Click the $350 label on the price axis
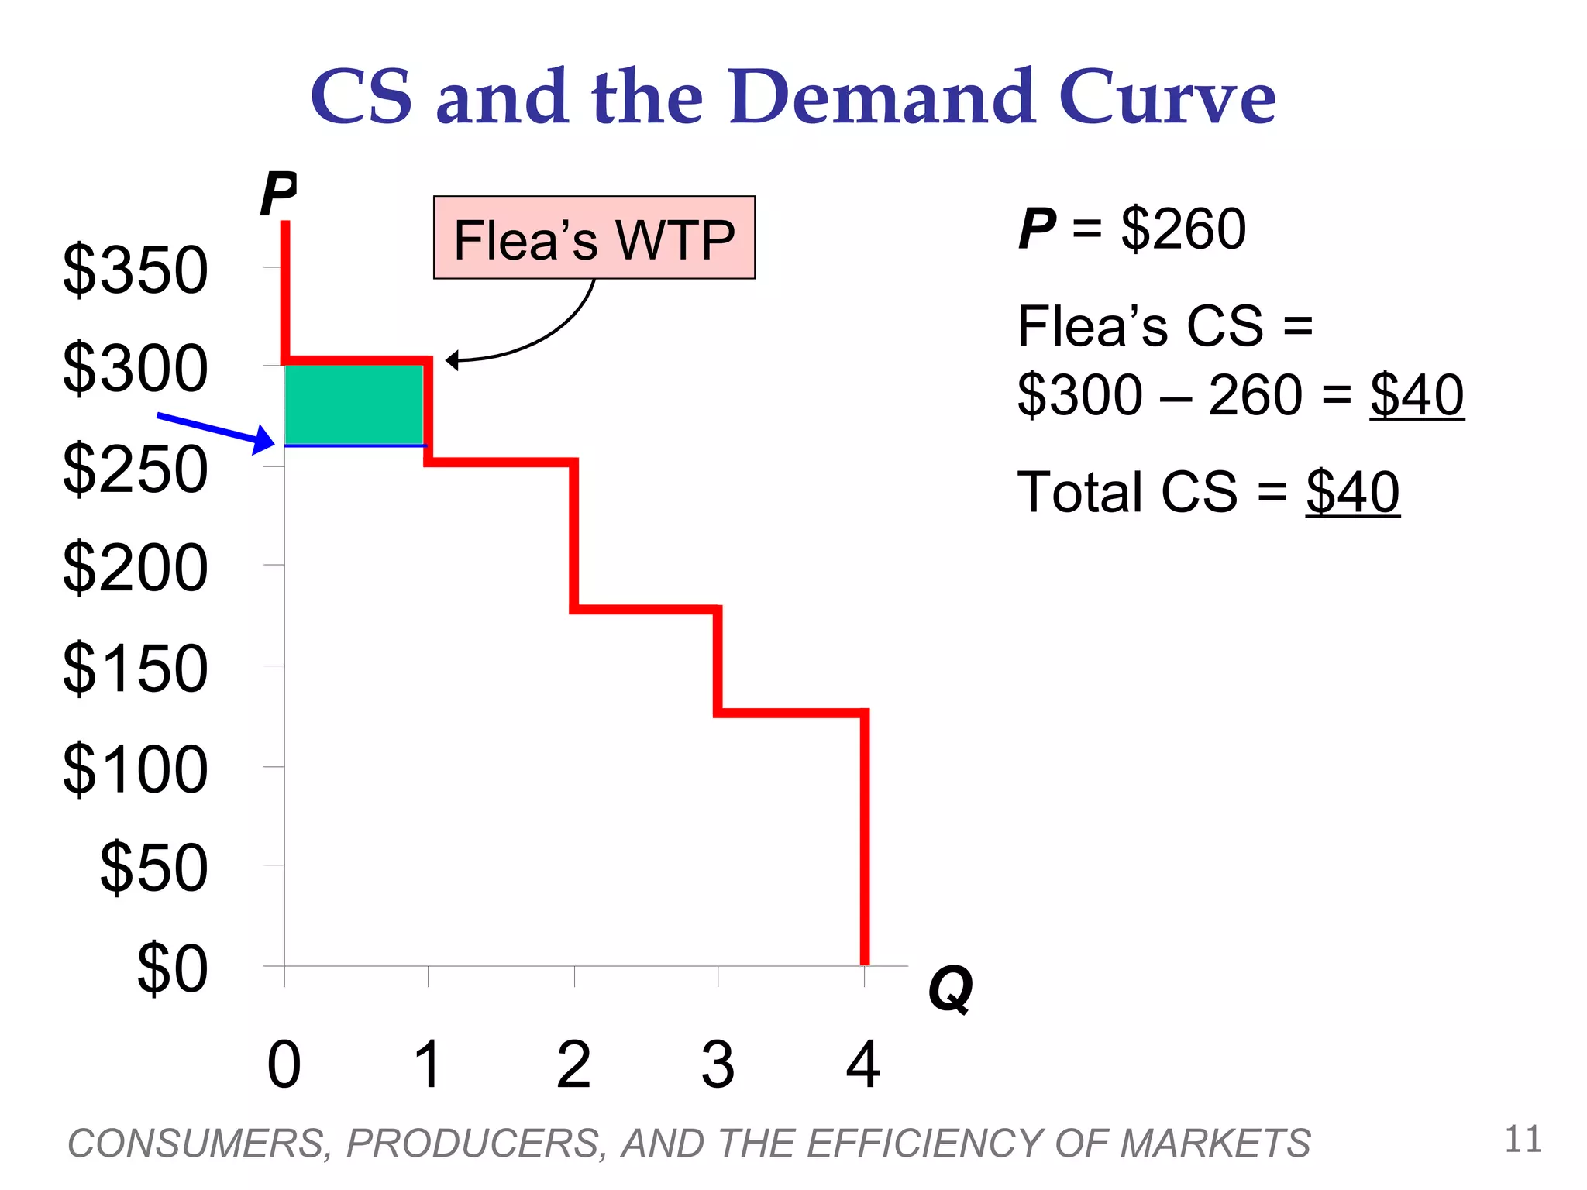[x=136, y=270]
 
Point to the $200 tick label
[x=136, y=568]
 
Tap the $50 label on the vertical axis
[x=154, y=868]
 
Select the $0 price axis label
[x=172, y=968]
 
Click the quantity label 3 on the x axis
[x=718, y=1065]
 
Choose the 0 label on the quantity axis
[x=284, y=1065]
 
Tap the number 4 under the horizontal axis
[x=862, y=1065]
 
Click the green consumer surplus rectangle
[x=354, y=404]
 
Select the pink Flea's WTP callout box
[x=594, y=238]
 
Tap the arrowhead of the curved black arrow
[x=453, y=360]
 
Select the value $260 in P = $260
[x=1183, y=229]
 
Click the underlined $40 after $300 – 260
[x=1417, y=395]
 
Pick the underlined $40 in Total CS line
[x=1352, y=492]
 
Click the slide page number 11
[x=1523, y=1140]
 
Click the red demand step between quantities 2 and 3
[x=646, y=610]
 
